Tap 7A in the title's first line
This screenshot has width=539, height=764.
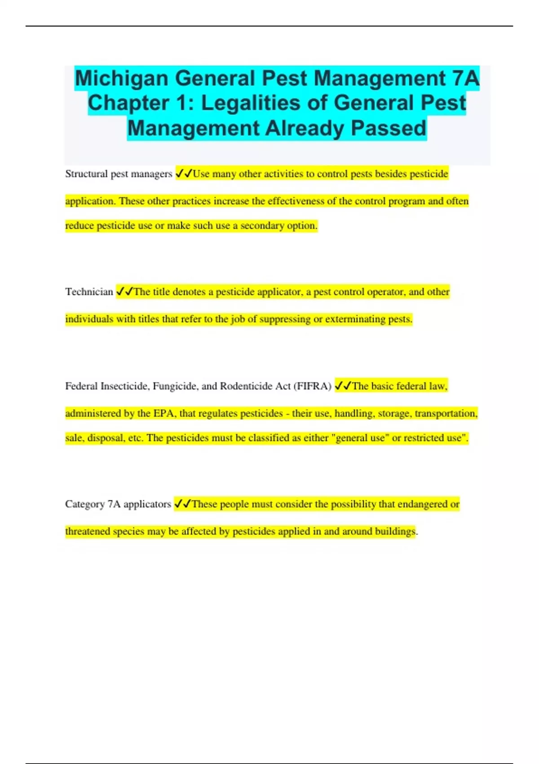(466, 79)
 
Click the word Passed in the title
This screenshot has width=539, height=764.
(389, 128)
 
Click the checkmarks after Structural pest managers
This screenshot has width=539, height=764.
(184, 173)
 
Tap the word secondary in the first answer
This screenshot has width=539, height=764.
(261, 226)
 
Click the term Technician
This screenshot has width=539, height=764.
(89, 292)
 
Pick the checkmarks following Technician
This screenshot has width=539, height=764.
(124, 292)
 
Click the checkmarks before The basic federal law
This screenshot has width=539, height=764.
(343, 386)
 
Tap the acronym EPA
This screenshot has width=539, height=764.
(163, 413)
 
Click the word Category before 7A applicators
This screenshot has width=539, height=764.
(85, 504)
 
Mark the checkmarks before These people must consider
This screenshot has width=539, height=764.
(182, 504)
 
